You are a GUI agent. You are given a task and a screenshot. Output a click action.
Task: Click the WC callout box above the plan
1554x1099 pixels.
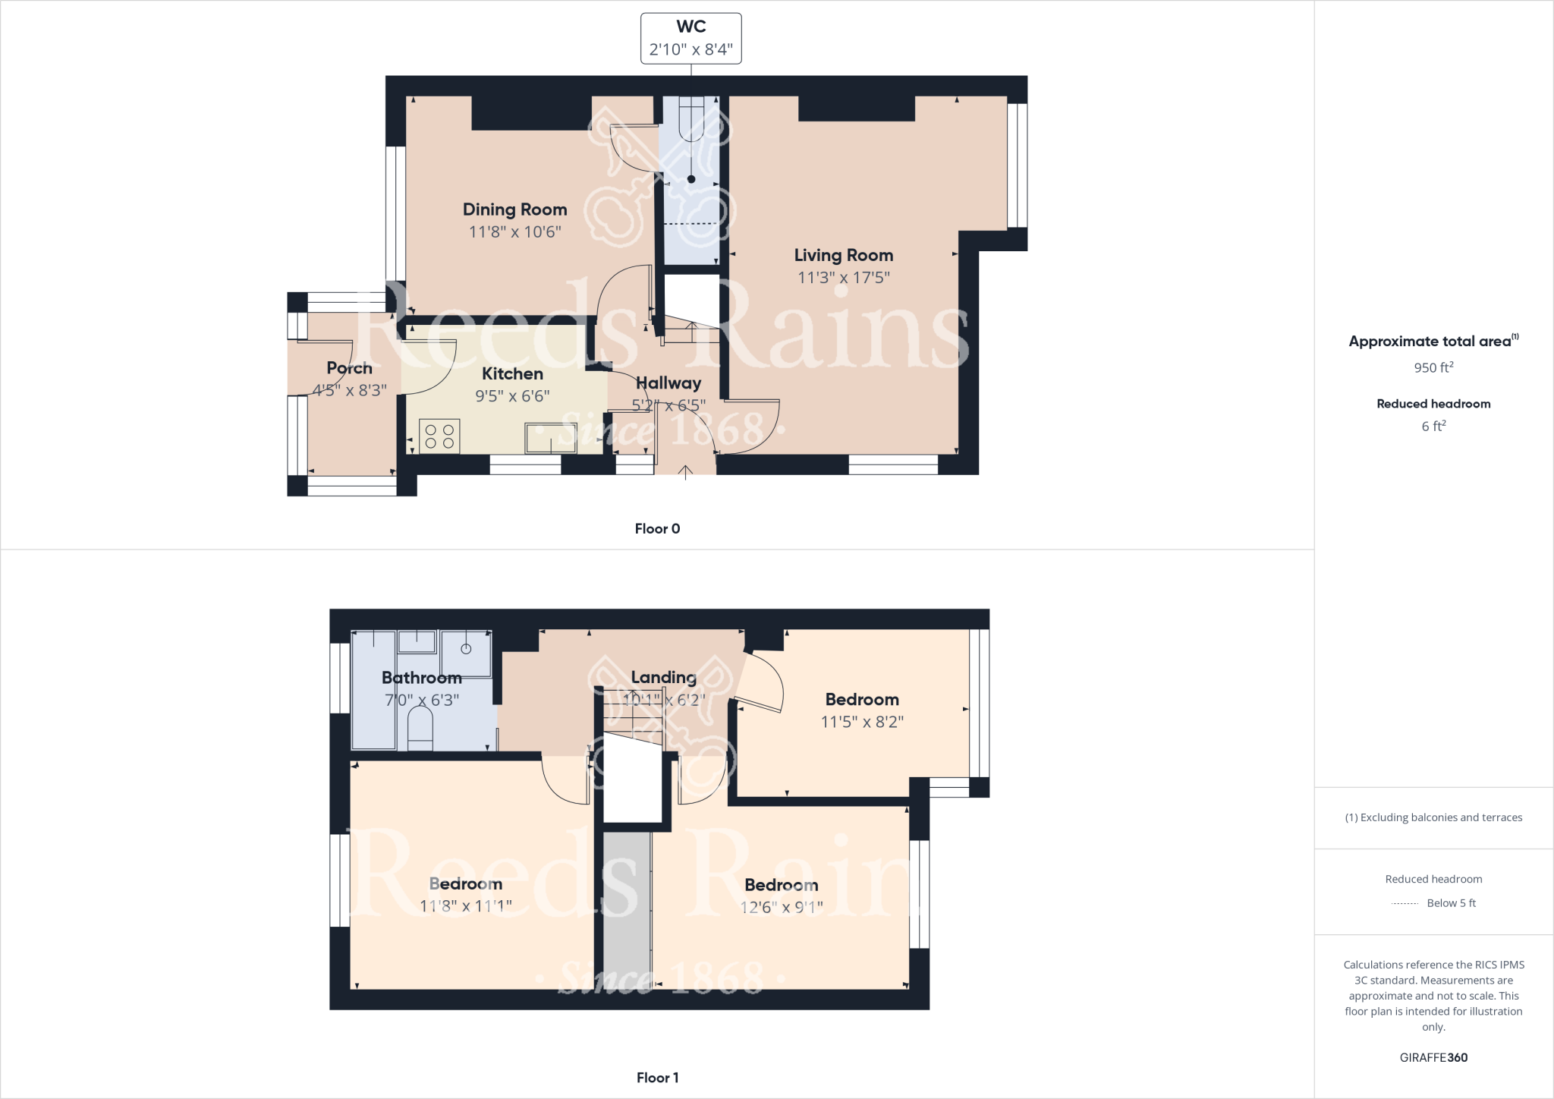coord(690,39)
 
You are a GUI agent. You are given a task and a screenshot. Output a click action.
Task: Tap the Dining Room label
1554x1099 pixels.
coord(514,209)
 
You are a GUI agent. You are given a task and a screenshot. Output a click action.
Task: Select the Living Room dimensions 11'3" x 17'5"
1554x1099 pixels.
coord(843,278)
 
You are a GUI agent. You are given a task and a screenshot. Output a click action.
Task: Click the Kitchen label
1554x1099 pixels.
coord(512,373)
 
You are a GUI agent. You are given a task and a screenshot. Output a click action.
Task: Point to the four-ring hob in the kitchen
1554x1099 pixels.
coord(439,436)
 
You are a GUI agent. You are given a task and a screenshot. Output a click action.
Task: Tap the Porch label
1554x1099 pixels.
coord(349,368)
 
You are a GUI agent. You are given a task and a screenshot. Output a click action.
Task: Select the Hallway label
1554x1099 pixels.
coord(668,383)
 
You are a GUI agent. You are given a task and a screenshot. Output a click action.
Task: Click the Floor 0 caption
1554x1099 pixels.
coord(657,529)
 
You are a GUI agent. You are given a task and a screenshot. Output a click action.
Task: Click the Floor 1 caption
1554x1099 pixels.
coord(657,1078)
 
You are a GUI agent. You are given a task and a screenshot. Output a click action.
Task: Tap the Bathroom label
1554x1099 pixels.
coord(421,678)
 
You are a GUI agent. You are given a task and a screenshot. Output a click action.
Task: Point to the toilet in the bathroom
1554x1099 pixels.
coord(420,729)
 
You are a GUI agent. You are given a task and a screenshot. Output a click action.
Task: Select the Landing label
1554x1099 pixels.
coord(663,677)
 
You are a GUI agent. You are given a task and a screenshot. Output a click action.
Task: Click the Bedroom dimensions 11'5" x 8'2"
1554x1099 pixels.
coord(862,722)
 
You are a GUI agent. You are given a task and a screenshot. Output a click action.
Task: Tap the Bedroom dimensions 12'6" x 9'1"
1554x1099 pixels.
coord(781,907)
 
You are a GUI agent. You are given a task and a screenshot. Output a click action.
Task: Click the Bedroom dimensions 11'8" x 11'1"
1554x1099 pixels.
coord(465,906)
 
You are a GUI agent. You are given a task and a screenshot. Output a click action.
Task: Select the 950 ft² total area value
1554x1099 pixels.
coord(1433,368)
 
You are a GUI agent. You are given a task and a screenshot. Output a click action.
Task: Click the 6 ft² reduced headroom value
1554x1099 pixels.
coord(1433,427)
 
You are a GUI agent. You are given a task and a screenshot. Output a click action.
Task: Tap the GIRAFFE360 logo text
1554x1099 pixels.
coord(1433,1058)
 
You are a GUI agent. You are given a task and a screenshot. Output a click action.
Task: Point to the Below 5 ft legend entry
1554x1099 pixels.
coord(1450,903)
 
